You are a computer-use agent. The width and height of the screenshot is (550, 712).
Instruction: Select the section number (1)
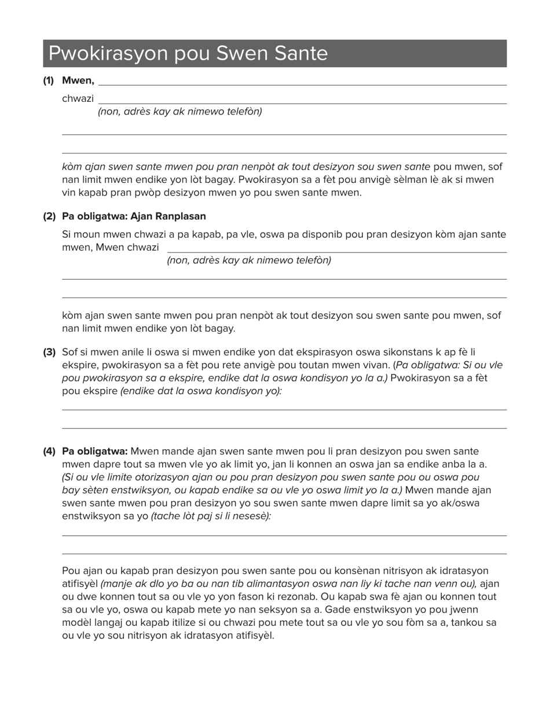click(48, 80)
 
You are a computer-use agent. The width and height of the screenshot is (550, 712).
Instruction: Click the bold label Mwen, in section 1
click(78, 80)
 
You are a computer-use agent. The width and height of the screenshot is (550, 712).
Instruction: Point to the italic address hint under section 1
click(179, 112)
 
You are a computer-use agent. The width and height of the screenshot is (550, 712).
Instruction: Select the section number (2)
click(49, 216)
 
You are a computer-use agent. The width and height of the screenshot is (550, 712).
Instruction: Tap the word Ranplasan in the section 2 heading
click(179, 216)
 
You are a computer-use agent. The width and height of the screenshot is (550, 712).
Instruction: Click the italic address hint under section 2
click(249, 260)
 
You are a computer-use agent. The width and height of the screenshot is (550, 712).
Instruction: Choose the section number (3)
click(49, 352)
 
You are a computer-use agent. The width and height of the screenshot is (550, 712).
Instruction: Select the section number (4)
click(49, 452)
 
